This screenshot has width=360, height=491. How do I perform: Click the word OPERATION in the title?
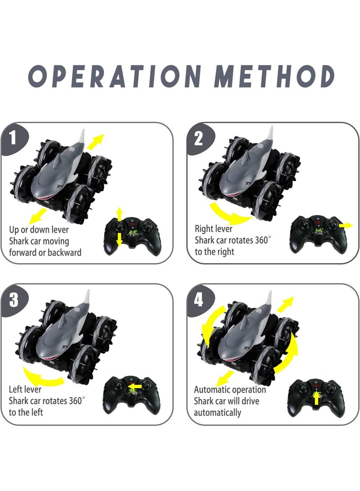pos(115,76)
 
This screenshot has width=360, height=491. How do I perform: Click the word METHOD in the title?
pos(274,76)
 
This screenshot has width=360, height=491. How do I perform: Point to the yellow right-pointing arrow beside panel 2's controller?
pos(346,225)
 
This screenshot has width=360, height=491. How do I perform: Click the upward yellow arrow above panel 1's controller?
pos(119,215)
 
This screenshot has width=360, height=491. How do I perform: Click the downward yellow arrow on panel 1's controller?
pos(119,240)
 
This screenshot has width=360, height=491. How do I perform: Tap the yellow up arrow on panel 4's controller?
pos(316,397)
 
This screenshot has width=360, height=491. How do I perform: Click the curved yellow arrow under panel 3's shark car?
pos(42,377)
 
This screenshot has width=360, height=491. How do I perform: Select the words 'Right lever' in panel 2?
pos(213,229)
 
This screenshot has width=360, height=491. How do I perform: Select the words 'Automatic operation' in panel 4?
pos(230,390)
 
